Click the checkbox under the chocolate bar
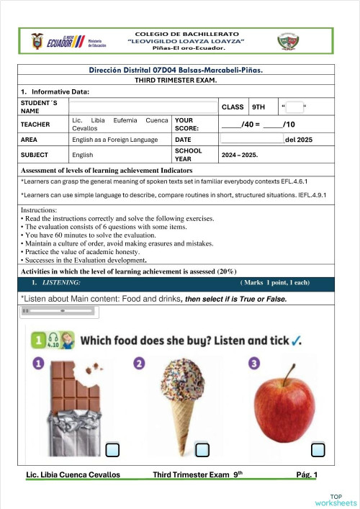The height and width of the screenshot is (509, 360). pyautogui.click(x=112, y=450)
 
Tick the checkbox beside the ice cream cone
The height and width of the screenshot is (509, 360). pyautogui.click(x=202, y=450)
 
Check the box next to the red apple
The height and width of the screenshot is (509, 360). pyautogui.click(x=318, y=450)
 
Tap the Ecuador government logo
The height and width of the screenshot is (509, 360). pyautogui.click(x=67, y=41)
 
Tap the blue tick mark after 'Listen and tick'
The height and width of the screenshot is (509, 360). pyautogui.click(x=296, y=340)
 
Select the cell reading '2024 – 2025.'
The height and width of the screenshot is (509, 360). pyautogui.click(x=240, y=155)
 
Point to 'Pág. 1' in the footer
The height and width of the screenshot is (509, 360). pyautogui.click(x=311, y=474)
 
